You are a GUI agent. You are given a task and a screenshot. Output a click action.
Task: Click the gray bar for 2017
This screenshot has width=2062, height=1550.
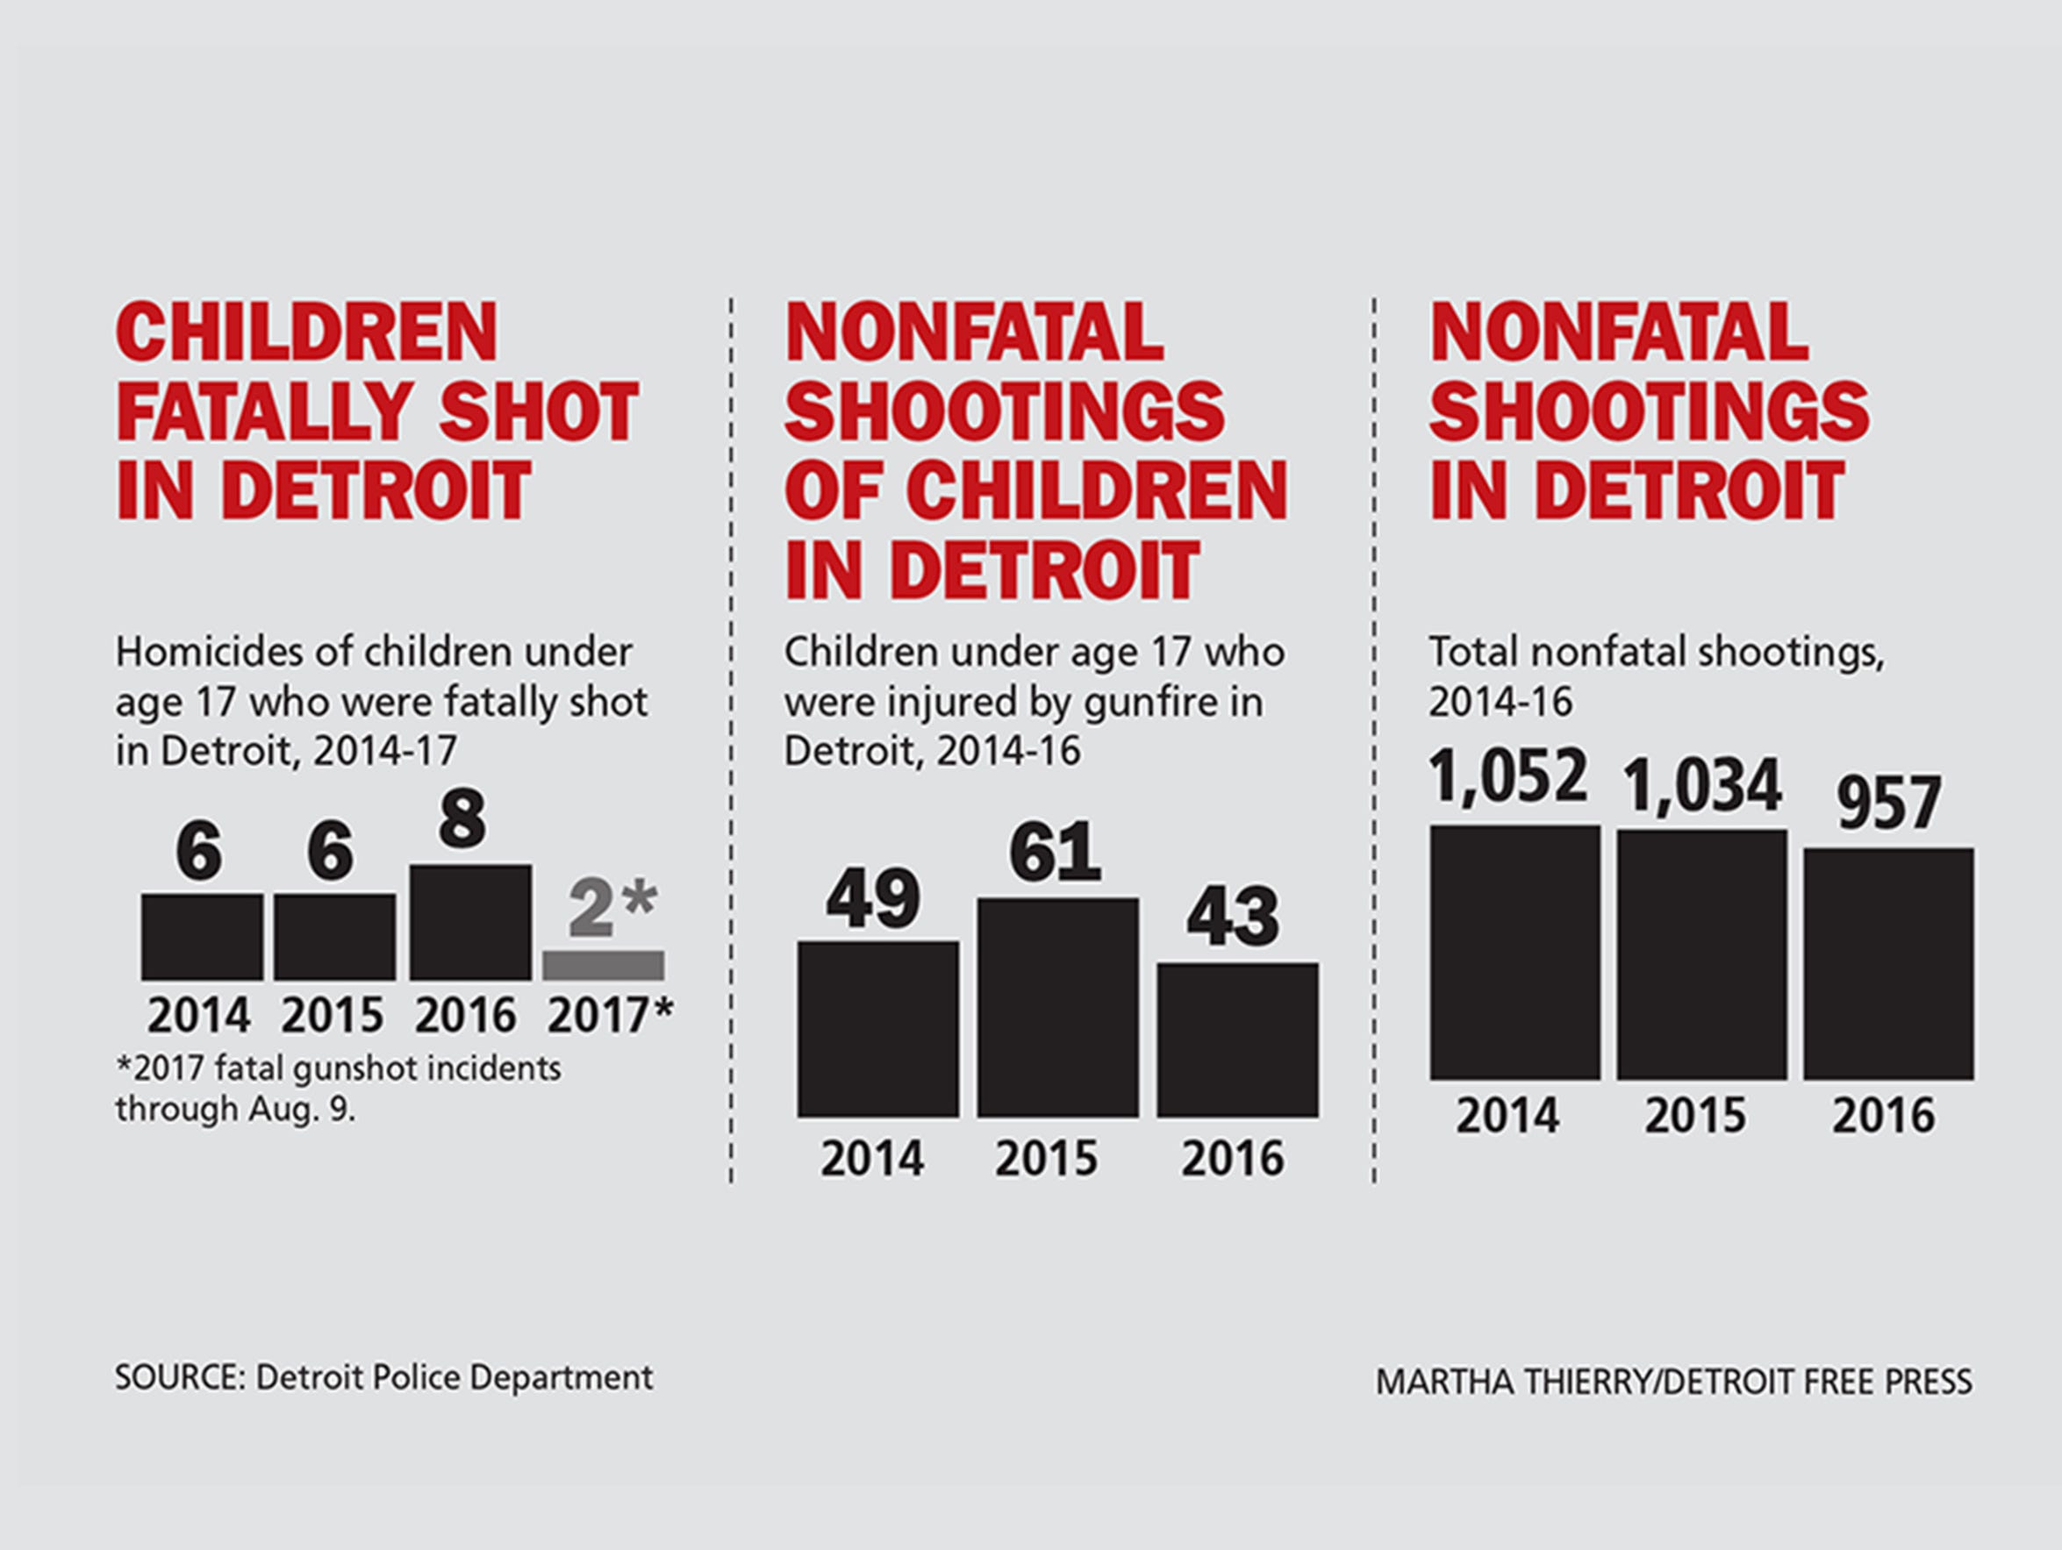click(x=603, y=965)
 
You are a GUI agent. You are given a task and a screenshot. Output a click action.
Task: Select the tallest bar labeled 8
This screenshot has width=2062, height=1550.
click(x=471, y=921)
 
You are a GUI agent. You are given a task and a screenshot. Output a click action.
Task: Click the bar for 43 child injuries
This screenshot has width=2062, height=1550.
click(x=1237, y=1039)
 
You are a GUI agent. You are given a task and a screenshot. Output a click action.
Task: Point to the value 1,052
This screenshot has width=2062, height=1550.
click(x=1509, y=775)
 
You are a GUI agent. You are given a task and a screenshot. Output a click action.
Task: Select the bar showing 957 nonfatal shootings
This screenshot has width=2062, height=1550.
click(x=1887, y=964)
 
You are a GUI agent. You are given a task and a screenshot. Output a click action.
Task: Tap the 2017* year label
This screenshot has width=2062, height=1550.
click(x=610, y=1016)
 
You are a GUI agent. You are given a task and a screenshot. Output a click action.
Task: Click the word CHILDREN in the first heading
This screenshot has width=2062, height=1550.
click(x=307, y=332)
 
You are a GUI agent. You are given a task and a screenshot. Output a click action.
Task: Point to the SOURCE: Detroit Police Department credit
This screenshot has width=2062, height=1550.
click(x=383, y=1377)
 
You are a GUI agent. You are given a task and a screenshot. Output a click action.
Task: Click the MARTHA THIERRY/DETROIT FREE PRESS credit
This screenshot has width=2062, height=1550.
click(x=1673, y=1382)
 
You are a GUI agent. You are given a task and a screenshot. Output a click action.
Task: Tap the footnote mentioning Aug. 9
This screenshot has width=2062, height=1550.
click(x=338, y=1089)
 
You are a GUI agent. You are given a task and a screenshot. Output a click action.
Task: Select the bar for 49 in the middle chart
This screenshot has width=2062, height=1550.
click(x=877, y=1028)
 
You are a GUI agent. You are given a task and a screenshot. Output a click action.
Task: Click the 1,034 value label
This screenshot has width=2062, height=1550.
click(x=1702, y=785)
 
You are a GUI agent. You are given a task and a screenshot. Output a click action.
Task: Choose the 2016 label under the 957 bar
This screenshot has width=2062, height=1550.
click(x=1883, y=1116)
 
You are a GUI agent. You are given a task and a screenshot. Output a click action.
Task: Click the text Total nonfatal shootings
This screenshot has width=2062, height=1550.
click(x=1656, y=653)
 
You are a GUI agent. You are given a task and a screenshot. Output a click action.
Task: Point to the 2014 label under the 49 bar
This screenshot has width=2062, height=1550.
click(x=871, y=1159)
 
